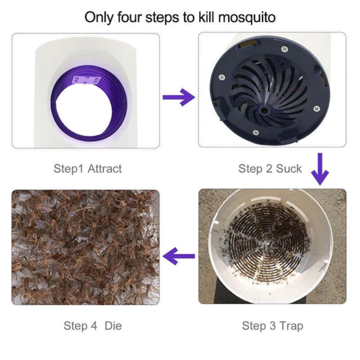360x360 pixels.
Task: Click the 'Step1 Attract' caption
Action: click(87, 168)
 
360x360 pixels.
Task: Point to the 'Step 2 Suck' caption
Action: click(270, 168)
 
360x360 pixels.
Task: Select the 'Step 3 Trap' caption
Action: click(272, 326)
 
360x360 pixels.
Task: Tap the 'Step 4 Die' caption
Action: click(92, 326)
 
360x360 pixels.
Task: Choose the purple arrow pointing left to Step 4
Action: click(179, 257)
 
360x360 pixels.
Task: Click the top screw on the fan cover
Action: click(284, 49)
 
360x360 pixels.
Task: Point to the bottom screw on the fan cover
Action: click(256, 132)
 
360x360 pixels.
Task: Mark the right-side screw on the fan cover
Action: click(315, 108)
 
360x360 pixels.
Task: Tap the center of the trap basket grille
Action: click(265, 244)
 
